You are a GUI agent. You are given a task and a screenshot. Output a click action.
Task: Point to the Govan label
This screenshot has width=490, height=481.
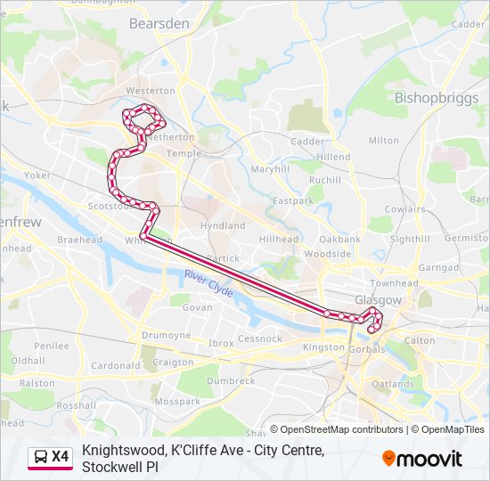[197, 307]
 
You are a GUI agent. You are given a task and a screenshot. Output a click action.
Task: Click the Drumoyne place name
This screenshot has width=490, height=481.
[166, 335]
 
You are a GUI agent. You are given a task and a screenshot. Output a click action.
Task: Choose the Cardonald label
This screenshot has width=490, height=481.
[116, 365]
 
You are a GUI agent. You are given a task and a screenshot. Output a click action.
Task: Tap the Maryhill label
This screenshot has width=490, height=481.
[270, 168]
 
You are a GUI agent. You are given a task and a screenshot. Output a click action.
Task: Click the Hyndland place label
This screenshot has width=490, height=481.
[223, 226]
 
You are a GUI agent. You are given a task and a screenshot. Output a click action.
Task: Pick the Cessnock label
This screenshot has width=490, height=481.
[260, 339]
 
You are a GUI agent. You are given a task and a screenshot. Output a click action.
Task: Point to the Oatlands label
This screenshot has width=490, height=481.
[393, 384]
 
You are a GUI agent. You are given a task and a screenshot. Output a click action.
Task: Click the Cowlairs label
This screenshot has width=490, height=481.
[404, 208]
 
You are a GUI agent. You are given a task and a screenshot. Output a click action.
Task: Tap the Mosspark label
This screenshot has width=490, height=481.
[176, 402]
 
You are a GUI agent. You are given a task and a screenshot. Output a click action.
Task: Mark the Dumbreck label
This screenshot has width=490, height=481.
[230, 380]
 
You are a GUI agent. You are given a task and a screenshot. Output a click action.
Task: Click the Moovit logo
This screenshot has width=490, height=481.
[422, 459]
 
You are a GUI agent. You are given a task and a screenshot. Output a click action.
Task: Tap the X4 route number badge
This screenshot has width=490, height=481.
[60, 457]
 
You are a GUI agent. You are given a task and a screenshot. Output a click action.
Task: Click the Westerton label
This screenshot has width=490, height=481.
[150, 91]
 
